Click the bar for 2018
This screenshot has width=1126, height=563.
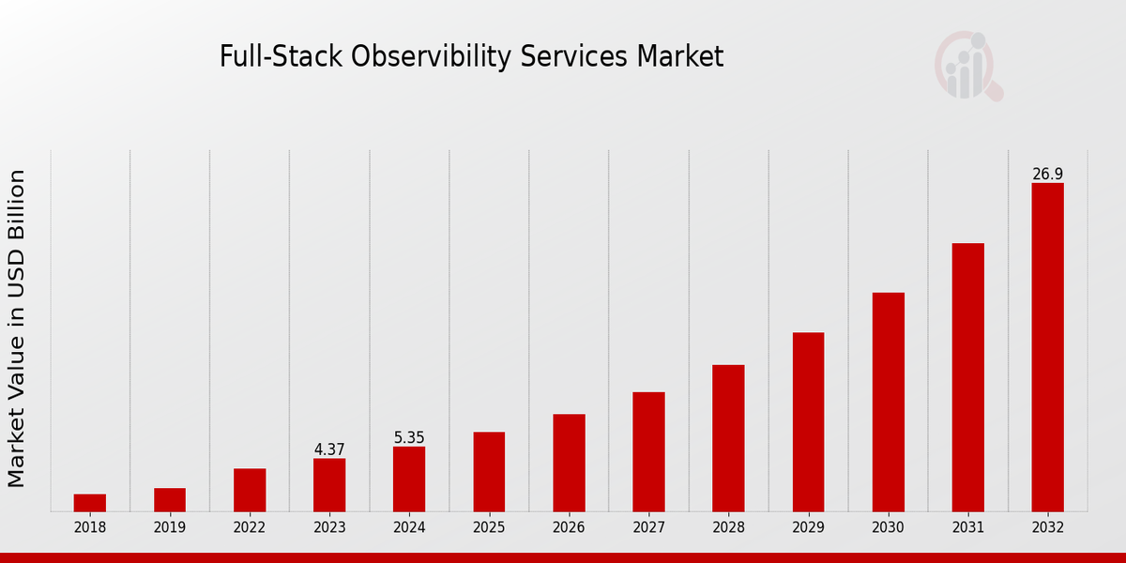click(90, 503)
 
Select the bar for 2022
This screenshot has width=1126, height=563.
click(250, 490)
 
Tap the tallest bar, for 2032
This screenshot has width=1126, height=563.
click(1047, 347)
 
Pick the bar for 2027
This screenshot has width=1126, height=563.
click(648, 451)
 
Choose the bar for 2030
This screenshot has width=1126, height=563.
click(888, 402)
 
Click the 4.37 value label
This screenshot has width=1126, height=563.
click(329, 449)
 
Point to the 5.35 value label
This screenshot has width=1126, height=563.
click(409, 437)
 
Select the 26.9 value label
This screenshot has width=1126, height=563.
click(1047, 174)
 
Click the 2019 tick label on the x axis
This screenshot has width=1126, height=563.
click(170, 527)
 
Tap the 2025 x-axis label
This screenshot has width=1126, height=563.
click(489, 527)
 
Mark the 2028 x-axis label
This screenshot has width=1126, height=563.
click(728, 527)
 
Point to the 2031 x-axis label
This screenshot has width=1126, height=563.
click(967, 527)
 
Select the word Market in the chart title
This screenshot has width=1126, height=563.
click(680, 57)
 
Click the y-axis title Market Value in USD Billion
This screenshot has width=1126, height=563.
click(17, 328)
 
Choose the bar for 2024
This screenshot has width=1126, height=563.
click(409, 479)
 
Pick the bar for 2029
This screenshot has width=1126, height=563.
click(808, 422)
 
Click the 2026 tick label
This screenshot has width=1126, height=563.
click(569, 527)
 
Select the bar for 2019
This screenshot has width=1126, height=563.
click(170, 499)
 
